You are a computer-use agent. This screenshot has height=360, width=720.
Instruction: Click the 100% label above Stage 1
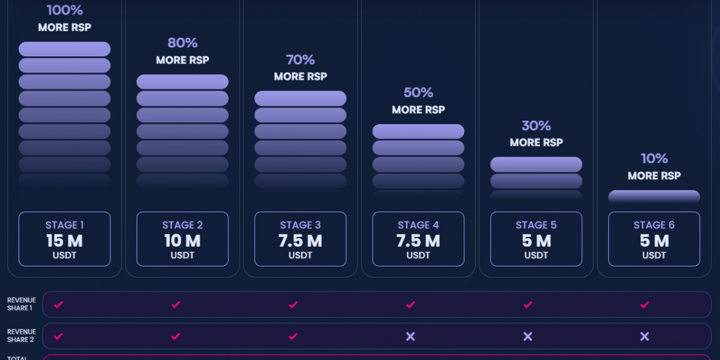point(65,10)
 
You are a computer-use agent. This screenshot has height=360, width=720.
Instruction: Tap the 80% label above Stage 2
point(182,43)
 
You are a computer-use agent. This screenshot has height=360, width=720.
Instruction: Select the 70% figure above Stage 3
point(301,60)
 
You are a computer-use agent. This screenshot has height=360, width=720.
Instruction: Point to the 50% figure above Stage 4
point(418,93)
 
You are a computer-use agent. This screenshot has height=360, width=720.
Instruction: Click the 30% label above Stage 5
point(536,126)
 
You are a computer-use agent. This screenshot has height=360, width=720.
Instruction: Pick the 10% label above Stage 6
point(654,159)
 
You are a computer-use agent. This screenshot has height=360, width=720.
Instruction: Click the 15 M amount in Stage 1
point(65,241)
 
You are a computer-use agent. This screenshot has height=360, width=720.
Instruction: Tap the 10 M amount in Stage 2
point(182,241)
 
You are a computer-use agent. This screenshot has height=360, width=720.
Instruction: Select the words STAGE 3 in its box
point(301,226)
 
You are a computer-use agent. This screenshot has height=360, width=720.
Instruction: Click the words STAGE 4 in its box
point(418,226)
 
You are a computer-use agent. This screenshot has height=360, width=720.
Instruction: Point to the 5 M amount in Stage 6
point(654,241)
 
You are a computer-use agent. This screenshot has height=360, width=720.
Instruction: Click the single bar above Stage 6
point(654,196)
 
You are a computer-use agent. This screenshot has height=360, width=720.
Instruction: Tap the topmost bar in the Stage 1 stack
point(65,49)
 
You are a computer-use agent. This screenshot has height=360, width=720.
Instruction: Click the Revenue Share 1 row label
point(22,304)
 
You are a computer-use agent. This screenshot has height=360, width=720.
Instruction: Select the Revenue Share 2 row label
point(22,336)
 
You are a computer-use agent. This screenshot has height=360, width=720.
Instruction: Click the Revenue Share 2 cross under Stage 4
point(410,337)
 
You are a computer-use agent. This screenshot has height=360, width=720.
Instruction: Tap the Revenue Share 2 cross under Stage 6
point(644,337)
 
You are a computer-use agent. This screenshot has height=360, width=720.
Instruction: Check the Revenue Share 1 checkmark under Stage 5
point(527,305)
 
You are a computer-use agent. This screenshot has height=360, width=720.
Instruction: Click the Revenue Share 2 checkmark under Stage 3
point(293,337)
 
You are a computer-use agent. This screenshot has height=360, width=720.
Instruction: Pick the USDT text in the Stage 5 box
point(536,255)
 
